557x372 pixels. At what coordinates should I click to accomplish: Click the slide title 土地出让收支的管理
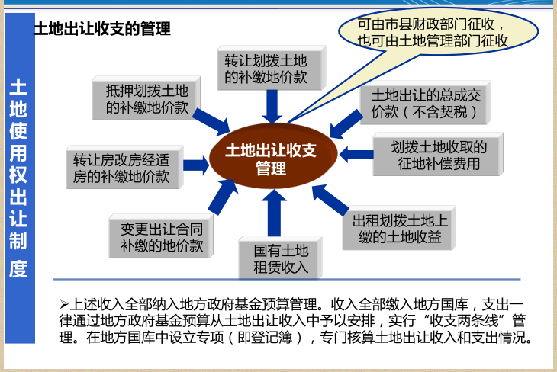click(x=101, y=30)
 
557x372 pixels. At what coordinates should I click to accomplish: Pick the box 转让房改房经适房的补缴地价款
click(x=122, y=168)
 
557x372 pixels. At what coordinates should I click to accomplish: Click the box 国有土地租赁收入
click(x=281, y=258)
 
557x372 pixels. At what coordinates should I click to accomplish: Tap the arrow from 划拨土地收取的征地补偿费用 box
click(x=356, y=154)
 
